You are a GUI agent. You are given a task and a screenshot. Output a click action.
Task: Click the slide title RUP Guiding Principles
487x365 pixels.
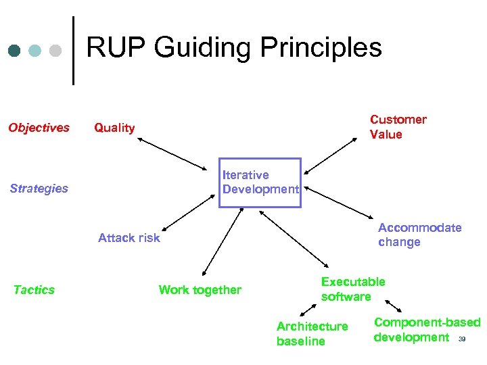[x=234, y=48]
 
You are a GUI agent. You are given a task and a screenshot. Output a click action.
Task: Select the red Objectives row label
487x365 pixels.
[x=39, y=128]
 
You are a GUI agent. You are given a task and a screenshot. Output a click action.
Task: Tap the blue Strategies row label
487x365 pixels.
[x=39, y=189]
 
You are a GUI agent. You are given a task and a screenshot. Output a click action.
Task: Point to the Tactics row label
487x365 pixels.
[x=34, y=290]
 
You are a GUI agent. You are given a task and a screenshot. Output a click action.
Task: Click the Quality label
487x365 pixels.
[x=114, y=128]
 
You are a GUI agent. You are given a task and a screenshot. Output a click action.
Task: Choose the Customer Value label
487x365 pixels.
[x=398, y=127]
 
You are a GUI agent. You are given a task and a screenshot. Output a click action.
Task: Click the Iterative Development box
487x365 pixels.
[x=260, y=182]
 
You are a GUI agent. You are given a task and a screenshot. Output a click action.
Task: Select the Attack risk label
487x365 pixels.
[x=129, y=237]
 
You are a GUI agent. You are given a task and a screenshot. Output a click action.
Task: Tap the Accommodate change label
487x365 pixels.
[x=419, y=235]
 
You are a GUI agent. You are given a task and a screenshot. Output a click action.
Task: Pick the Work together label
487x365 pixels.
[x=200, y=290]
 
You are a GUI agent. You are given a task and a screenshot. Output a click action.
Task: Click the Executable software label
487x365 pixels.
[x=352, y=289]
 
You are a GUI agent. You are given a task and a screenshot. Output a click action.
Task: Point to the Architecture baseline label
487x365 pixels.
[x=312, y=334]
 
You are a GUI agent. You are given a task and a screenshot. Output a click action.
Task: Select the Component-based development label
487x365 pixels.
[x=426, y=330]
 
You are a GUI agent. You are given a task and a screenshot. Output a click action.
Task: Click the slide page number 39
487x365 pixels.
[x=463, y=339]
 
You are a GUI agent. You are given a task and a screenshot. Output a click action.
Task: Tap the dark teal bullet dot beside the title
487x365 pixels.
[x=14, y=51]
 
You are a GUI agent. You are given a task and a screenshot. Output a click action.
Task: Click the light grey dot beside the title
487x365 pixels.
[x=56, y=51]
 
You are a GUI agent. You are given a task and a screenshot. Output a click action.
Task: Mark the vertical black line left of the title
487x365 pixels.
[x=73, y=51]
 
